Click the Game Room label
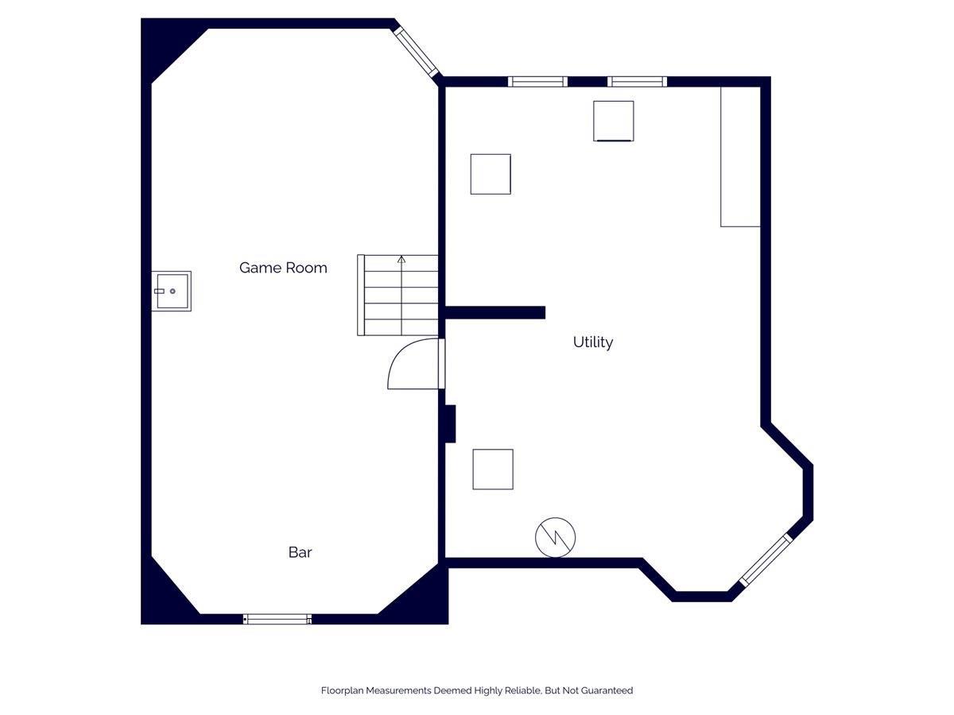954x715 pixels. point(283,268)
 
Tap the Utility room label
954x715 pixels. point(593,342)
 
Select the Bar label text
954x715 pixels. point(300,552)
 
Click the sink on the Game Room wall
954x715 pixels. point(171,291)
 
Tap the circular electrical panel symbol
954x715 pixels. point(555,537)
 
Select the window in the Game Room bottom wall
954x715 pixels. point(277,619)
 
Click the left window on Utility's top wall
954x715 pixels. point(537,82)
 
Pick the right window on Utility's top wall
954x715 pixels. point(637,82)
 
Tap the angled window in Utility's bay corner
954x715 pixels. point(766,560)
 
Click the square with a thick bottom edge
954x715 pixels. point(613,121)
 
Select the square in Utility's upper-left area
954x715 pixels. point(491,174)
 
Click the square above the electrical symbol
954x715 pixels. point(493,470)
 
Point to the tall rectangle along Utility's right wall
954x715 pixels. point(740,157)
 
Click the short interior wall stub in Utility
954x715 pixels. point(495,312)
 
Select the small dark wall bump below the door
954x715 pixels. point(450,423)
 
